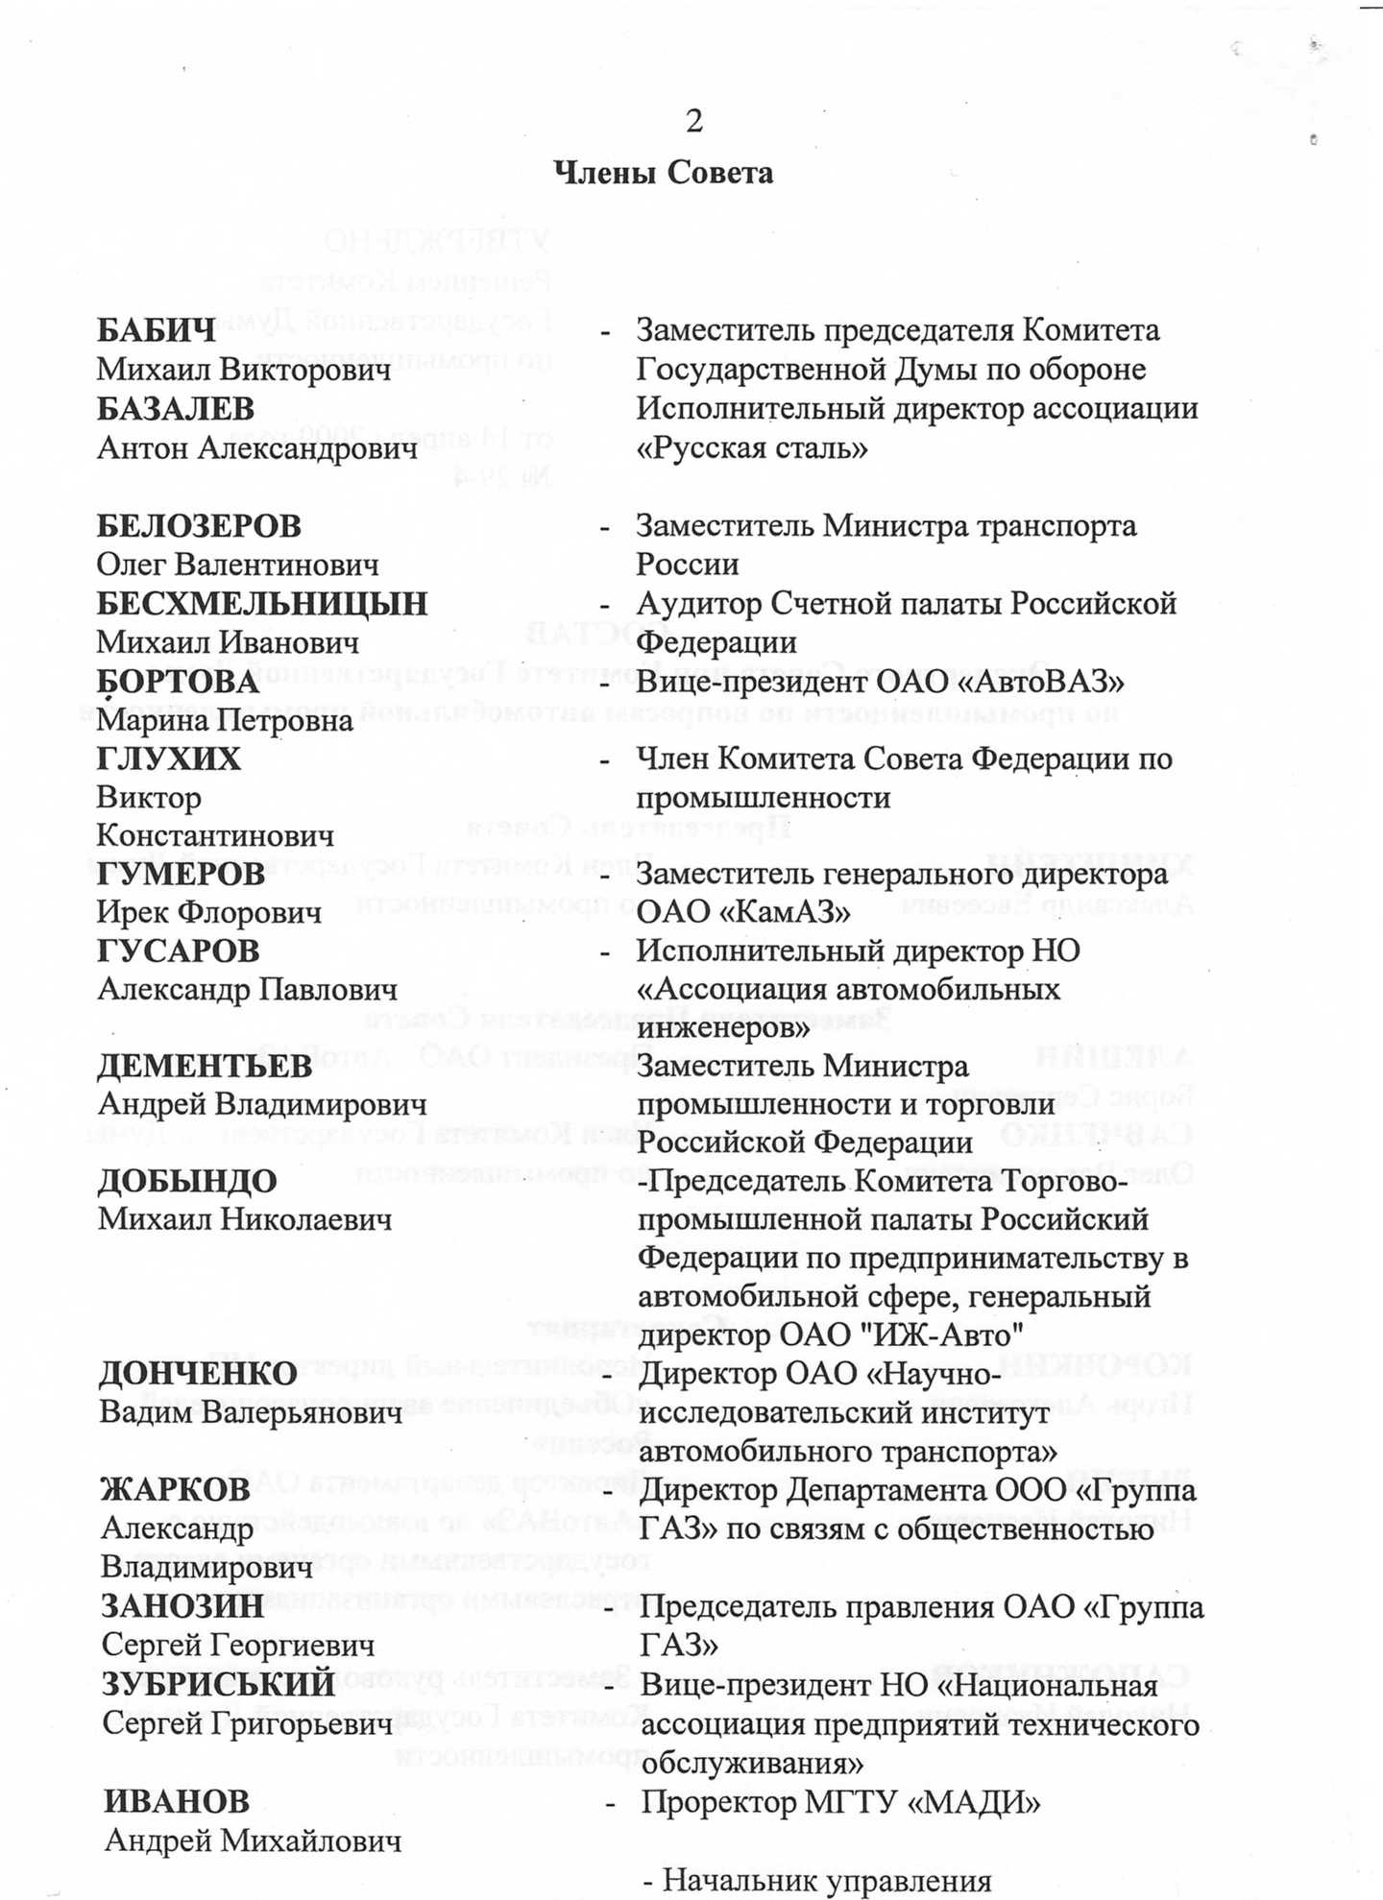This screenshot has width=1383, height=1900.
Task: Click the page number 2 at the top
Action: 693,121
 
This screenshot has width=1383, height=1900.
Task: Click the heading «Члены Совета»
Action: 663,173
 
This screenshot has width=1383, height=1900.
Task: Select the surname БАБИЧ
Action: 157,331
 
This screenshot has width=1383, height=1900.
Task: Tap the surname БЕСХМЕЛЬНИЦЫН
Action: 261,604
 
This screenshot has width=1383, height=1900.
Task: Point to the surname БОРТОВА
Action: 178,682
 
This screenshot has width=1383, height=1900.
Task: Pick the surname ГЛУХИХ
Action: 168,759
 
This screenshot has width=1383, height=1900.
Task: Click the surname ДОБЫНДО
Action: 187,1182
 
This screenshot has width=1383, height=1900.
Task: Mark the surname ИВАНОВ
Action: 177,1802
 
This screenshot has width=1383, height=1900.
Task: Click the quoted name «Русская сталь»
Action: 752,448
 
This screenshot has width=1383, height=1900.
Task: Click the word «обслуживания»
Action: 752,1764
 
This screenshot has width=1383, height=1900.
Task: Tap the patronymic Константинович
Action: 215,836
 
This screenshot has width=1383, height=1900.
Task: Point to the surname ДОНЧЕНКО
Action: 198,1374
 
